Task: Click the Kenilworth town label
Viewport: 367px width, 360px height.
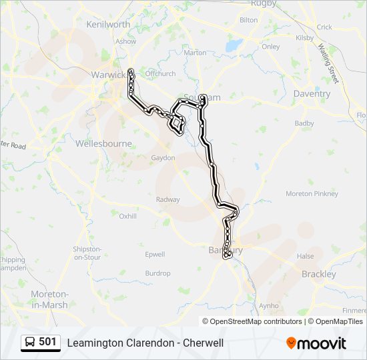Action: [x=108, y=25]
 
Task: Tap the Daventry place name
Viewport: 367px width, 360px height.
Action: [x=312, y=94]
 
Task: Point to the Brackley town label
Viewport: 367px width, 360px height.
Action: [x=319, y=274]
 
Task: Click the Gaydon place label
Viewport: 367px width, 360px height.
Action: [x=163, y=158]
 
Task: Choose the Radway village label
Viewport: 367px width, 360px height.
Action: [x=168, y=199]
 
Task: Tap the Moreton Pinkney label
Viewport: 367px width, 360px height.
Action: [x=312, y=194]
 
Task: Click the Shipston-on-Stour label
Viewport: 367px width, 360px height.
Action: [x=87, y=253]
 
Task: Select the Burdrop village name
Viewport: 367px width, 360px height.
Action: [x=158, y=273]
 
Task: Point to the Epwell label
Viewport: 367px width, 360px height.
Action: [x=155, y=254]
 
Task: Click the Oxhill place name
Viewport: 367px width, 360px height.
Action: [x=127, y=216]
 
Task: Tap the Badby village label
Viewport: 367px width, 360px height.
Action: [x=304, y=123]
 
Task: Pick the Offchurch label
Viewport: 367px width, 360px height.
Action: [x=159, y=73]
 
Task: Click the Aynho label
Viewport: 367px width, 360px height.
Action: [x=269, y=306]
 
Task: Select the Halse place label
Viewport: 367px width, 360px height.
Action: [x=306, y=256]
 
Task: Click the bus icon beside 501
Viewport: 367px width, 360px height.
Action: [x=31, y=343]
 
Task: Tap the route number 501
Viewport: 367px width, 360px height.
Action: [x=48, y=342]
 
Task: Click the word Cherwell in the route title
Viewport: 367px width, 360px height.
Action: [x=200, y=343]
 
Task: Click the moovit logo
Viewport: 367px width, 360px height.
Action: [x=316, y=343]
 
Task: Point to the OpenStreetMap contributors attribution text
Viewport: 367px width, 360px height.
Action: [x=256, y=321]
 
